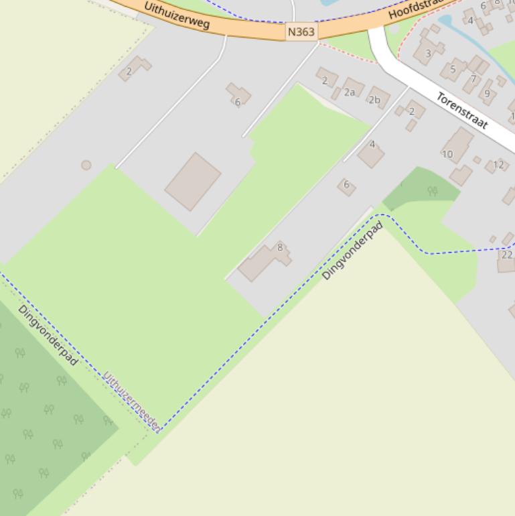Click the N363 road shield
pos(301,31)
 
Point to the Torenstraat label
pos(462,110)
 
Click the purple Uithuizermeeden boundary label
pos(131,400)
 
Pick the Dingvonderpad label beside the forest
pos(48,335)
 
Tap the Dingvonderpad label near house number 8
pos(352,251)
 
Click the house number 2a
pos(350,92)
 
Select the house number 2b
pos(374,100)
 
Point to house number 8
pos(280,248)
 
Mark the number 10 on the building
pos(447,154)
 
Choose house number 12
pos(498,164)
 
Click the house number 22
pos(507,255)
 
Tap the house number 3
pos(428,54)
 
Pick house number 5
pos(453,69)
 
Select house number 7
pos(473,79)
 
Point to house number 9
pos(487,93)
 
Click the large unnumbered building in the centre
pos(193,181)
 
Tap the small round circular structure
pos(86,165)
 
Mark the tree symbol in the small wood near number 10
pos(433,191)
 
